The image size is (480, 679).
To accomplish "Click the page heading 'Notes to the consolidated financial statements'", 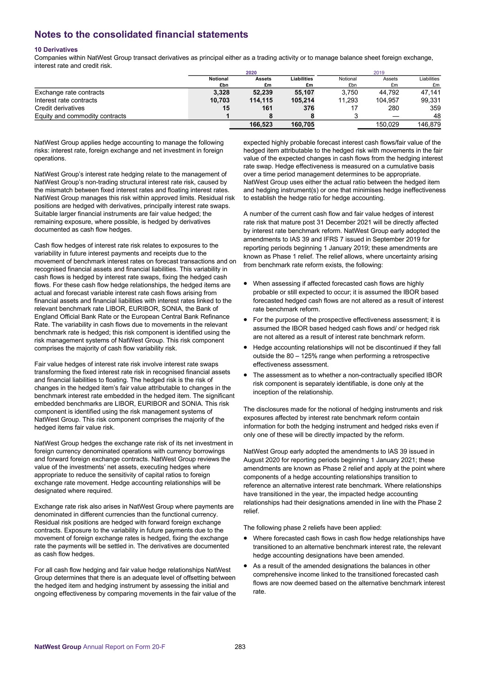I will (x=141, y=35).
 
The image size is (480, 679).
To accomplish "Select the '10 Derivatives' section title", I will (x=56, y=49).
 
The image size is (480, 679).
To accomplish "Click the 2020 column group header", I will (x=251, y=73).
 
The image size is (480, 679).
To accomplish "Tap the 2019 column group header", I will (x=379, y=73).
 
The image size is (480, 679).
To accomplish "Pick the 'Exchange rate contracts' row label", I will (x=69, y=92).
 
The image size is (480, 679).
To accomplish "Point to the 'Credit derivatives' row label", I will (x=59, y=108).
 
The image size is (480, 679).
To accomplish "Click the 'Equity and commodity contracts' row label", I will (x=80, y=116).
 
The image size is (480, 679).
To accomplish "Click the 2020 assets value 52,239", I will (x=261, y=92).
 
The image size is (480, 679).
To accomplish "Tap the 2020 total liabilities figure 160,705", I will (x=302, y=124).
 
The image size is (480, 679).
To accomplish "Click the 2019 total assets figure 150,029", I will (x=387, y=124).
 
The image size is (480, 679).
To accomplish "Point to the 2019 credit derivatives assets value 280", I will (x=392, y=108).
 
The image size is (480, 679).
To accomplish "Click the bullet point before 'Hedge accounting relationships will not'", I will (x=246, y=347).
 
